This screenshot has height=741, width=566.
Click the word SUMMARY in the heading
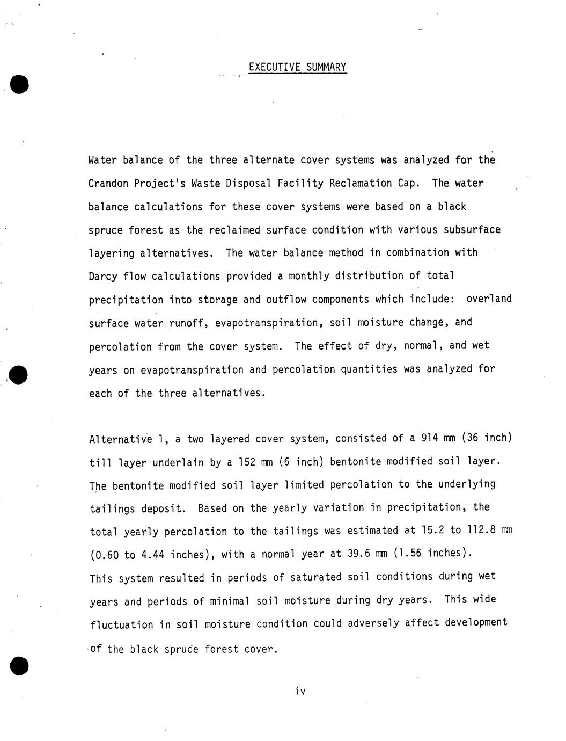click(326, 67)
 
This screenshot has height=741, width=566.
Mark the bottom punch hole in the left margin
click(19, 665)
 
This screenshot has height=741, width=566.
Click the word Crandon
click(108, 184)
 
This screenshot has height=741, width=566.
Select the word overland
click(489, 299)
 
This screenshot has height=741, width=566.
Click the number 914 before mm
click(430, 438)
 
